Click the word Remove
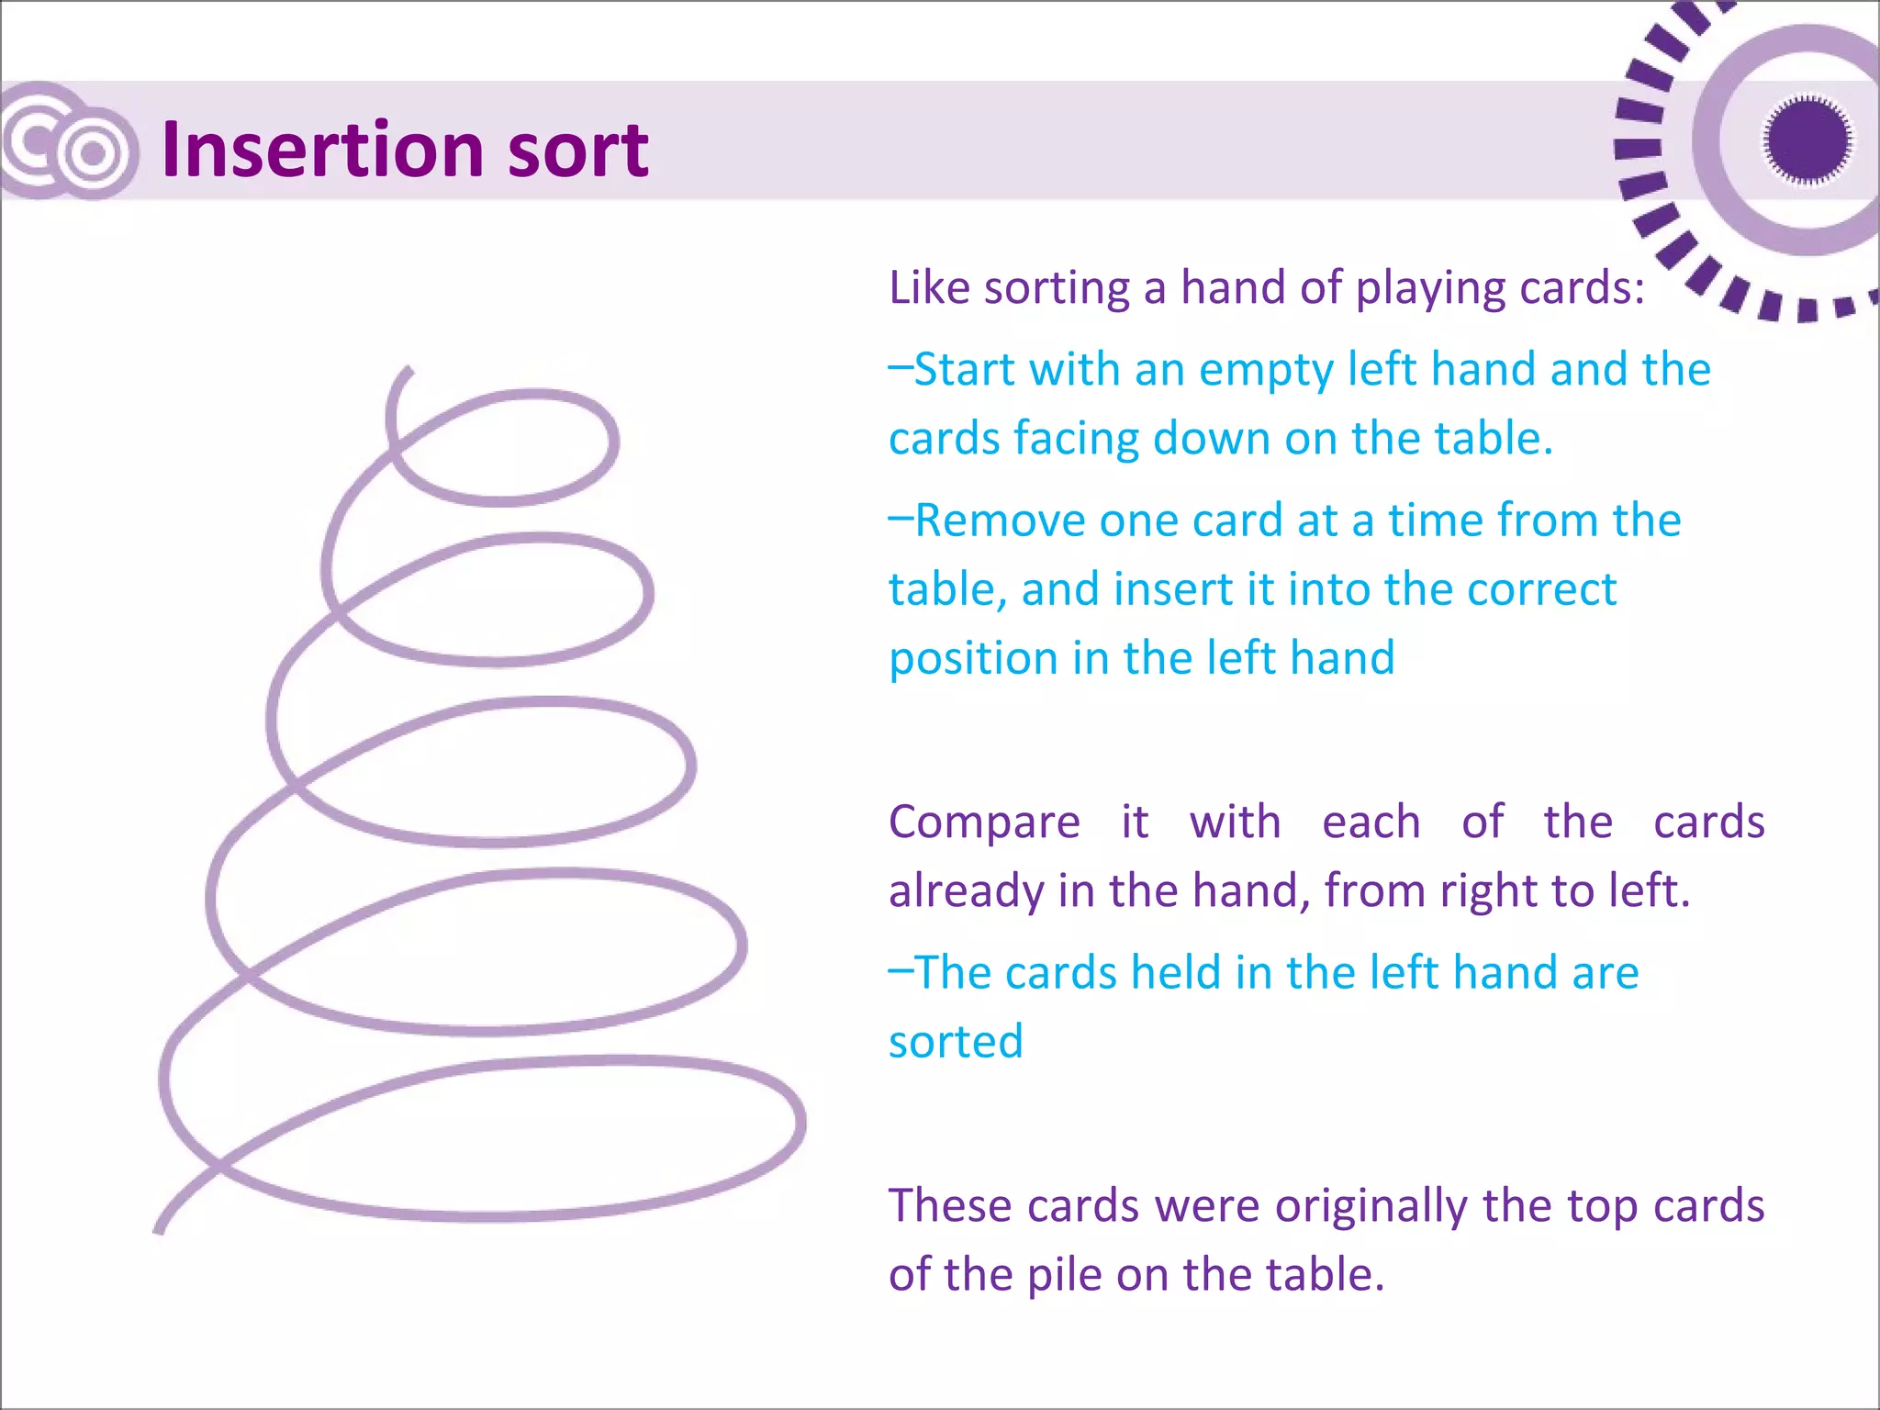tap(1000, 520)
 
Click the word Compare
tap(984, 823)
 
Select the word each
tap(1371, 822)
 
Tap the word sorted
tap(956, 1042)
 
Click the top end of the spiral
tap(408, 370)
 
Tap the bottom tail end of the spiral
tap(159, 1228)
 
